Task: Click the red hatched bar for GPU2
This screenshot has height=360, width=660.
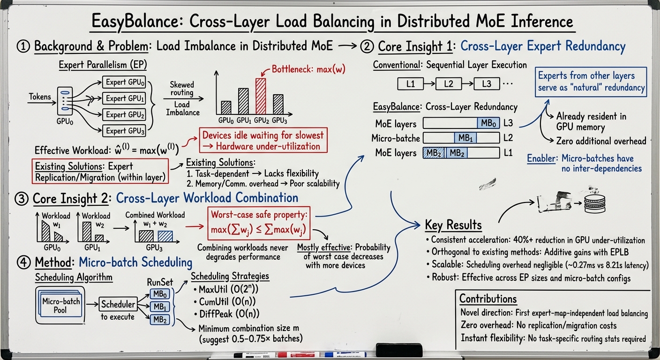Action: [x=261, y=96]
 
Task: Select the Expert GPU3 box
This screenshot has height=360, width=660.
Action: [x=124, y=131]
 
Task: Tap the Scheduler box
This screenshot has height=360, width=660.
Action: [x=118, y=304]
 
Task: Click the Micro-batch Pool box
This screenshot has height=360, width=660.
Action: [x=60, y=306]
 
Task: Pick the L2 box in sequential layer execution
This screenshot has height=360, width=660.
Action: [x=449, y=84]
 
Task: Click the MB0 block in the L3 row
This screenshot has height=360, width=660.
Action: [x=488, y=123]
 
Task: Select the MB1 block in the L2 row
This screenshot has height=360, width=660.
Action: [x=465, y=137]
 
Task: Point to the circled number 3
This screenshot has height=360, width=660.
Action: [x=22, y=199]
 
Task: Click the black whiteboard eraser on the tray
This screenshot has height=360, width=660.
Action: [x=399, y=350]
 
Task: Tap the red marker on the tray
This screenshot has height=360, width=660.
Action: [x=298, y=354]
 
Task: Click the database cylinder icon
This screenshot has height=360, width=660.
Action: [x=594, y=203]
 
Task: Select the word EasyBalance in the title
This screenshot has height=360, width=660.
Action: [x=138, y=22]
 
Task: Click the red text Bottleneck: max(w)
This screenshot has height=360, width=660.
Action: [x=308, y=69]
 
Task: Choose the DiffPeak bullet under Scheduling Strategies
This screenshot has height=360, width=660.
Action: [x=226, y=314]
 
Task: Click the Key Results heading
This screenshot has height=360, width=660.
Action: [x=453, y=225]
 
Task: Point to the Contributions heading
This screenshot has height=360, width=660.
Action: [x=488, y=299]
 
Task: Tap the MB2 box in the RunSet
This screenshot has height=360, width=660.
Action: [x=160, y=320]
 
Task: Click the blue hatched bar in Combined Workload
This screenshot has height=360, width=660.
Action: [x=165, y=236]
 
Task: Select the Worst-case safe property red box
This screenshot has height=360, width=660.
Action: [x=259, y=223]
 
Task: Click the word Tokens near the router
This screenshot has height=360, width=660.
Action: [x=40, y=97]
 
